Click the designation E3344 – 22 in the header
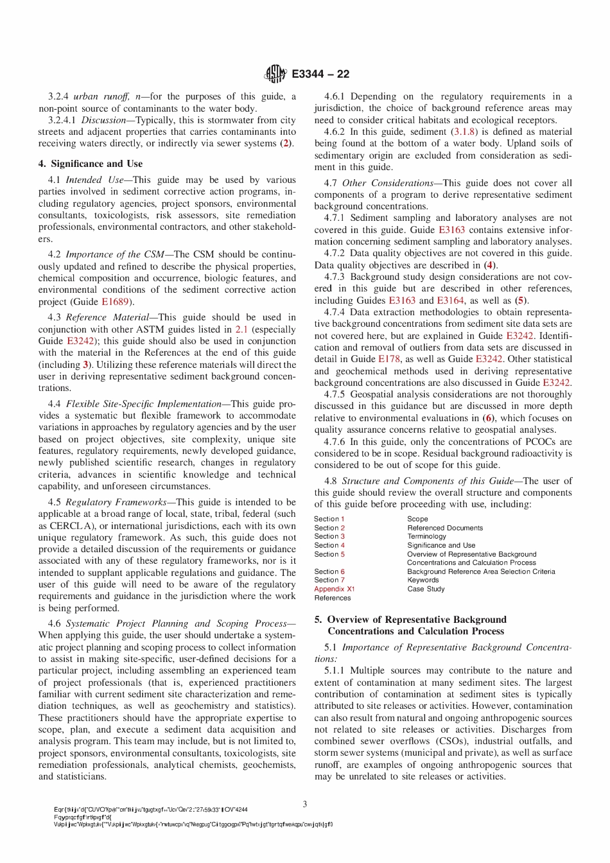pos(320,74)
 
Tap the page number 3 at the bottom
pos(305,804)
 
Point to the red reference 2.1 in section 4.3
pos(241,329)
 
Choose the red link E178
pos(389,359)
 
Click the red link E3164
pos(450,300)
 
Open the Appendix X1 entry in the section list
pos(334,589)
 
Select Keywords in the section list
pos(423,580)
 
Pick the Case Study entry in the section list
pos(426,589)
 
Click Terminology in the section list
pos(426,536)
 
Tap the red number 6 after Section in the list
pos(342,571)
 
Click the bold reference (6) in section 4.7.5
pos(489,418)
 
